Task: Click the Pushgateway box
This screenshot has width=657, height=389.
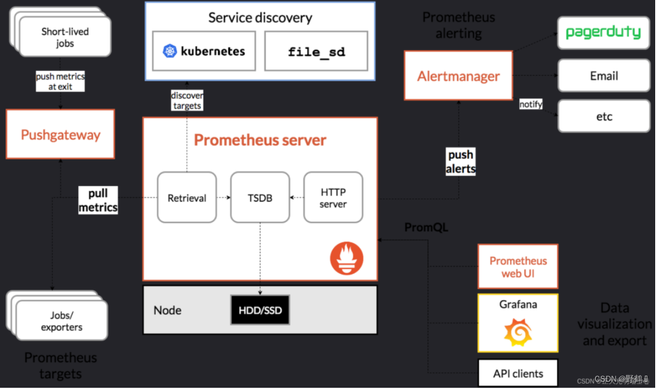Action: point(61,135)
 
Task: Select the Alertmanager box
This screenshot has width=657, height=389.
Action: point(458,76)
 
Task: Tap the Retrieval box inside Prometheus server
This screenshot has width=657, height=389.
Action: point(187,198)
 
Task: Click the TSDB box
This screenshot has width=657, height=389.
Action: point(260,198)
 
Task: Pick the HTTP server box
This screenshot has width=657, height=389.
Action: point(333,198)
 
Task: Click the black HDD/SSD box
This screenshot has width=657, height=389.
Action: point(260,310)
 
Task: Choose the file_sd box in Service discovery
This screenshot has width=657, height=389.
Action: point(316,52)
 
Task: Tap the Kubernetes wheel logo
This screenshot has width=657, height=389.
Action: point(170,51)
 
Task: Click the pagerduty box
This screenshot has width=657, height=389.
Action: point(603,33)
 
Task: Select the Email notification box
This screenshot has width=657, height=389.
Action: point(603,76)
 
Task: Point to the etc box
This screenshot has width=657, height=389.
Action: point(603,116)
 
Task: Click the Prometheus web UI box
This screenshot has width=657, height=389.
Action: point(518,267)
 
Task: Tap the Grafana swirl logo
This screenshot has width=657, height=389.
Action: point(518,331)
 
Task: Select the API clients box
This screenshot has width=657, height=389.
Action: point(518,373)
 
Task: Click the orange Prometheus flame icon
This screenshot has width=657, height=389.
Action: point(347,258)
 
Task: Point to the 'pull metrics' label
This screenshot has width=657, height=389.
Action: point(98,201)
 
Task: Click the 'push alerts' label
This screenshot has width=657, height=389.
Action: point(460,162)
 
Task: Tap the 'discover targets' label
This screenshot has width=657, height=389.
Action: point(187,101)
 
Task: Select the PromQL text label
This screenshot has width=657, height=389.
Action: point(426,228)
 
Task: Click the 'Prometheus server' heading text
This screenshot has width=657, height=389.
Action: point(260,141)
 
